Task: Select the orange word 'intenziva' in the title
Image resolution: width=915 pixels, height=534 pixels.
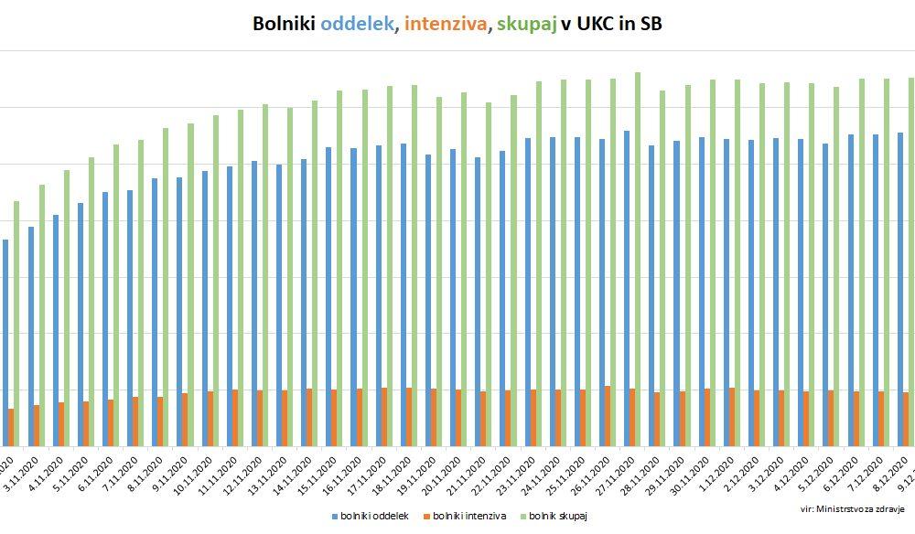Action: pyautogui.click(x=445, y=25)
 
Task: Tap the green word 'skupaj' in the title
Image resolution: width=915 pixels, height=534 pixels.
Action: pyautogui.click(x=527, y=26)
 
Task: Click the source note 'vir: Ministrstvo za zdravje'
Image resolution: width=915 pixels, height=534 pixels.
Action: pyautogui.click(x=852, y=508)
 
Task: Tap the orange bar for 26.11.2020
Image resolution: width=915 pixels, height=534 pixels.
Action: pyautogui.click(x=607, y=416)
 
